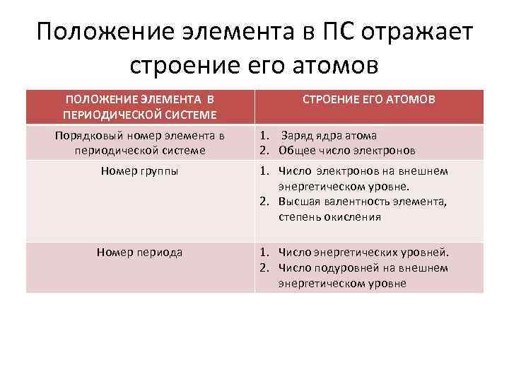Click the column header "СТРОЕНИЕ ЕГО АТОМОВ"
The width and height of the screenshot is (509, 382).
click(x=368, y=100)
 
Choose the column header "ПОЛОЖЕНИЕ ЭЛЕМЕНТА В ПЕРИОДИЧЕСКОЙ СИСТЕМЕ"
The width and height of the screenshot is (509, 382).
click(x=139, y=107)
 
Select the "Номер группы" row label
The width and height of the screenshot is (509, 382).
click(x=139, y=170)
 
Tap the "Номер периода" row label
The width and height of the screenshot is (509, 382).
click(x=139, y=252)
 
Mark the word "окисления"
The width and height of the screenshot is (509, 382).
click(x=357, y=217)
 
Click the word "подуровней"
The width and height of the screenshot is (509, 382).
click(x=334, y=267)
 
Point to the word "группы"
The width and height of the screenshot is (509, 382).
click(x=159, y=170)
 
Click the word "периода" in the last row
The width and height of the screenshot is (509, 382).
click(x=159, y=252)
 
